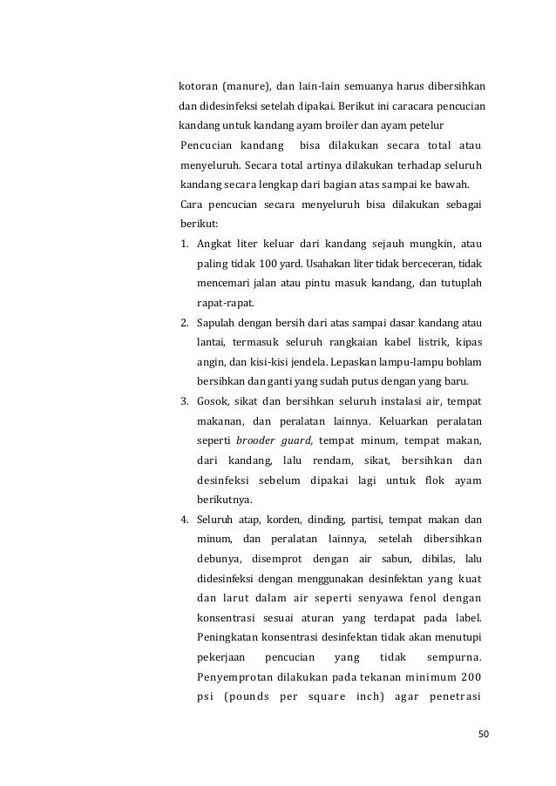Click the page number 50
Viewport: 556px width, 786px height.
click(x=484, y=735)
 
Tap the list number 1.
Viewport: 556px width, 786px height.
click(x=184, y=243)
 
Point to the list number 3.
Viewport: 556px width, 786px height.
click(x=184, y=400)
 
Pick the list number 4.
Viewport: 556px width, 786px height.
click(x=184, y=521)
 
